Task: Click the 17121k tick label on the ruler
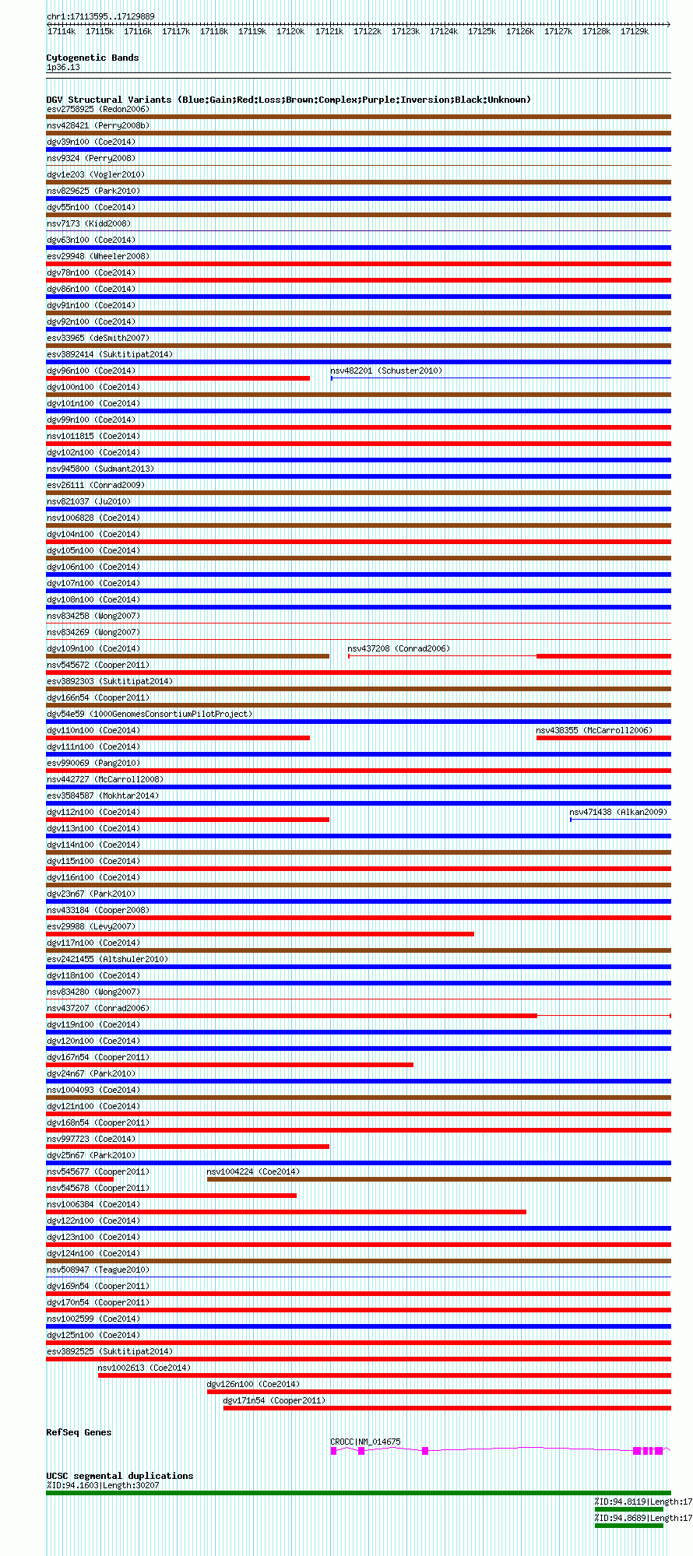coord(329,31)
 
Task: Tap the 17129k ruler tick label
coord(634,31)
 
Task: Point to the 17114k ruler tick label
coord(62,31)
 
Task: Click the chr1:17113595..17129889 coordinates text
coord(100,16)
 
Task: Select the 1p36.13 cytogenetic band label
coord(63,67)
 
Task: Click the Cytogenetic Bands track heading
coord(92,58)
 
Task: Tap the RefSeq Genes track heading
coord(79,1432)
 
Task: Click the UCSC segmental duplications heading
coord(119,1476)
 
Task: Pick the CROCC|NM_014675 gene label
coord(365,1442)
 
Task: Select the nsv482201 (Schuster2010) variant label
coord(386,371)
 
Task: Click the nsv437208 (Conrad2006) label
coord(399,648)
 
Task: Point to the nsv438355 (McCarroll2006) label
coord(594,730)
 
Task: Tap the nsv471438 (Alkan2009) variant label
coord(618,812)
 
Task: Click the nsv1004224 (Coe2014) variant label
coord(253,1171)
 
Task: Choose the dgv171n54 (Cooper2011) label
coord(274,1400)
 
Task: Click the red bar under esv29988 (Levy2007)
coord(260,934)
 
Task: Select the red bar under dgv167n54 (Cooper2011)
coord(230,1065)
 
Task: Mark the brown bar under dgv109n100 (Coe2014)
coord(188,656)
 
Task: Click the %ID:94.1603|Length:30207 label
coord(102,1485)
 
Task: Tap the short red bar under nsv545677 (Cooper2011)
coord(79,1179)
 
